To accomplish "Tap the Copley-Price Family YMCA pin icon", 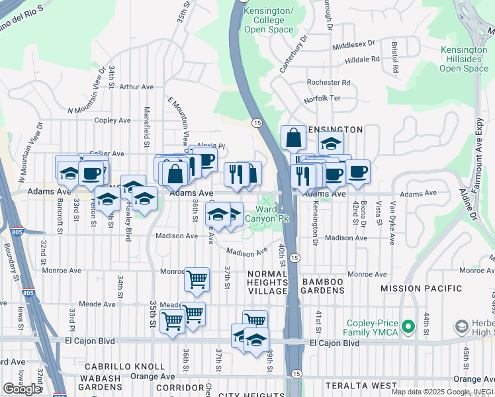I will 409,326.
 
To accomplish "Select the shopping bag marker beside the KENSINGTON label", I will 292,139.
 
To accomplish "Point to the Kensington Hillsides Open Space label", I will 464,59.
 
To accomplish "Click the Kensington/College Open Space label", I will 268,20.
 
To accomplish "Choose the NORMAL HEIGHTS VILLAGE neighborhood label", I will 268,283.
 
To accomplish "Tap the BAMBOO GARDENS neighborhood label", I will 323,283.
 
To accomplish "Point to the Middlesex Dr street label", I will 353,45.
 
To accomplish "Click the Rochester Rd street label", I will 328,83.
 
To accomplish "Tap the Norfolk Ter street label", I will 322,99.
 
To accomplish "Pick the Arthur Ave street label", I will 136,87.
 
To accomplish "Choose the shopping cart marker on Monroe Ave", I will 197,279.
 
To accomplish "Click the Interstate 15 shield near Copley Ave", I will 257,122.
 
